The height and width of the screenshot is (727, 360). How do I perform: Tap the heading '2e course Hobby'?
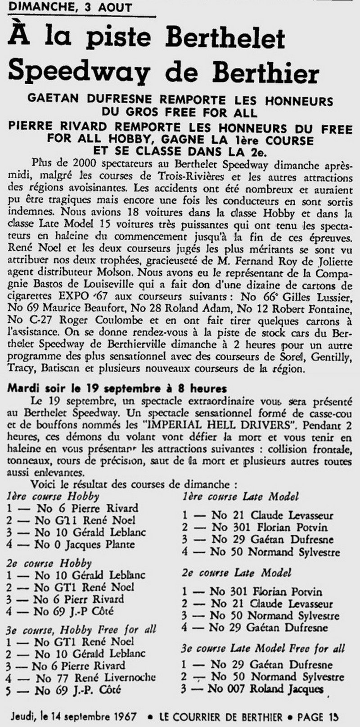pyautogui.click(x=49, y=563)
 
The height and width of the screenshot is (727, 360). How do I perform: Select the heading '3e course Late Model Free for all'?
pyautogui.click(x=263, y=649)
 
